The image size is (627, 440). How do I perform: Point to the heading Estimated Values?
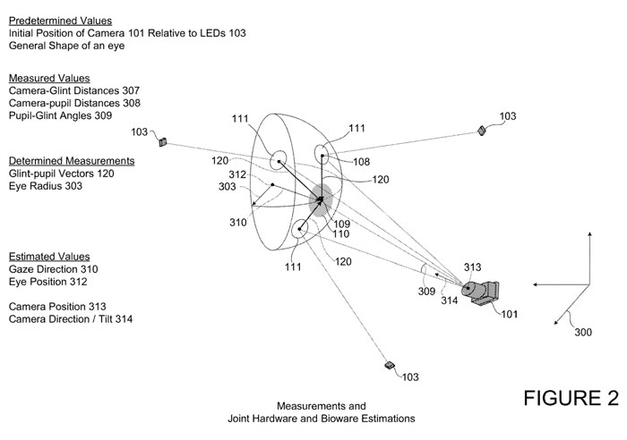coord(42,256)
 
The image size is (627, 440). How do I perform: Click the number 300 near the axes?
coord(583,332)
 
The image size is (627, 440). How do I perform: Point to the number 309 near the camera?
coord(426,292)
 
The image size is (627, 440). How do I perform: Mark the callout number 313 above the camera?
coord(472,267)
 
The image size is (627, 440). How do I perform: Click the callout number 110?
coord(340,233)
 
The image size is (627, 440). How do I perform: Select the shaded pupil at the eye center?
coord(320,199)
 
